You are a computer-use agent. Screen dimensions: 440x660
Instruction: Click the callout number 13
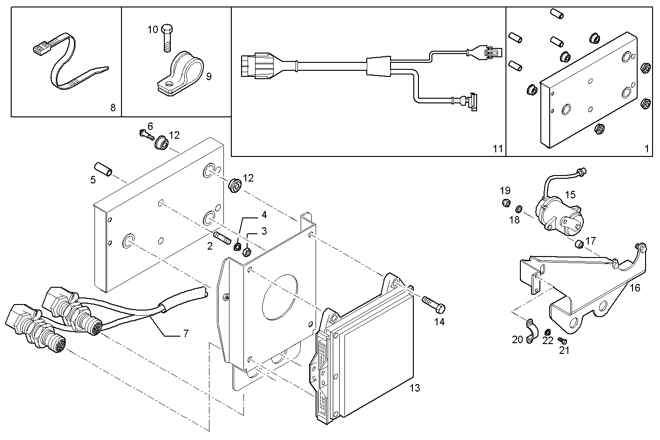[414, 387]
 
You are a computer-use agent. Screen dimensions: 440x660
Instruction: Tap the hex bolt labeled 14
[434, 305]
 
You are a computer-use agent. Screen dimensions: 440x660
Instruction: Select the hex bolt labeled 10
[167, 38]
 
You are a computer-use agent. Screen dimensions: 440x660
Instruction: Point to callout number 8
[113, 108]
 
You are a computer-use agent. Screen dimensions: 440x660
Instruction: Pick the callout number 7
[186, 333]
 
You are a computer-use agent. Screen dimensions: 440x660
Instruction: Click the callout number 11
[498, 149]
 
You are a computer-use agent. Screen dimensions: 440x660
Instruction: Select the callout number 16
[635, 288]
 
